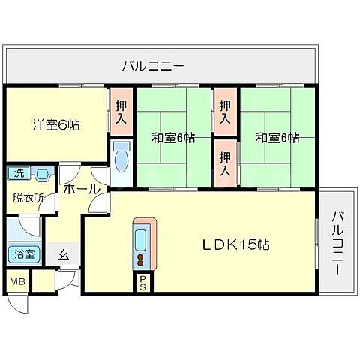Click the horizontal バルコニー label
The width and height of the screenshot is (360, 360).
coord(153,67)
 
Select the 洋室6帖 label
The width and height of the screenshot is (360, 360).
coord(56,125)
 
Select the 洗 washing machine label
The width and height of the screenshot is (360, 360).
coord(16,174)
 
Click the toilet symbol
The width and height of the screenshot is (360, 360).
coord(122,158)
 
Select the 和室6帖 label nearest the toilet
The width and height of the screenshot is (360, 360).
coord(174,138)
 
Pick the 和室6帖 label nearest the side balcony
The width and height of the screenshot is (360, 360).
coord(277,138)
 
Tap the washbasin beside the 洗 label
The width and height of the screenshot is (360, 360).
coord(41,175)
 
